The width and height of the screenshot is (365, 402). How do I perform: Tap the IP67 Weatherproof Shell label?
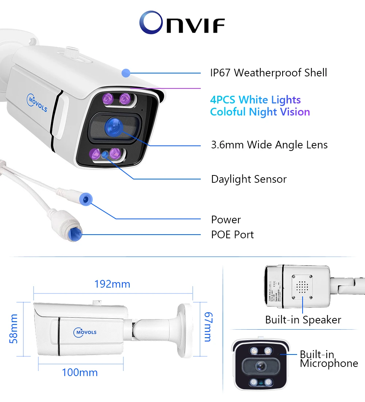pyautogui.click(x=268, y=73)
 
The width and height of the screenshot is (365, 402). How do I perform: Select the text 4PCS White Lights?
pyautogui.click(x=255, y=100)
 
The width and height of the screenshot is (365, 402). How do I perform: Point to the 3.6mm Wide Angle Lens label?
pyautogui.click(x=269, y=145)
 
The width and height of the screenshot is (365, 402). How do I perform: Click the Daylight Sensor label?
pyautogui.click(x=249, y=179)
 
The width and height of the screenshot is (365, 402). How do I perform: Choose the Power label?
pyautogui.click(x=226, y=220)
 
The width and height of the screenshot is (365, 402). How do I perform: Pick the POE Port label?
pyautogui.click(x=232, y=235)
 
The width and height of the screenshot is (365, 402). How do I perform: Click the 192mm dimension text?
pyautogui.click(x=112, y=284)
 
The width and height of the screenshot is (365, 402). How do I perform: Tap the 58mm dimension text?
pyautogui.click(x=14, y=329)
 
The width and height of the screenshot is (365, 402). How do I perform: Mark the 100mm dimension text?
pyautogui.click(x=80, y=373)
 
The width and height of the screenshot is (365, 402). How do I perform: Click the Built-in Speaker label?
pyautogui.click(x=303, y=320)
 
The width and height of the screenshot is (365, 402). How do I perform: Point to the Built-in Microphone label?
pyautogui.click(x=328, y=359)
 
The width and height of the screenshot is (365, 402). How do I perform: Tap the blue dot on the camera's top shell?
pyautogui.click(x=126, y=73)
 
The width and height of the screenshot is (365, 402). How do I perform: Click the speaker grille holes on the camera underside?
pyautogui.click(x=301, y=285)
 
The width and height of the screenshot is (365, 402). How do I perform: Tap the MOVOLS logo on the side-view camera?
pyautogui.click(x=85, y=332)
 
